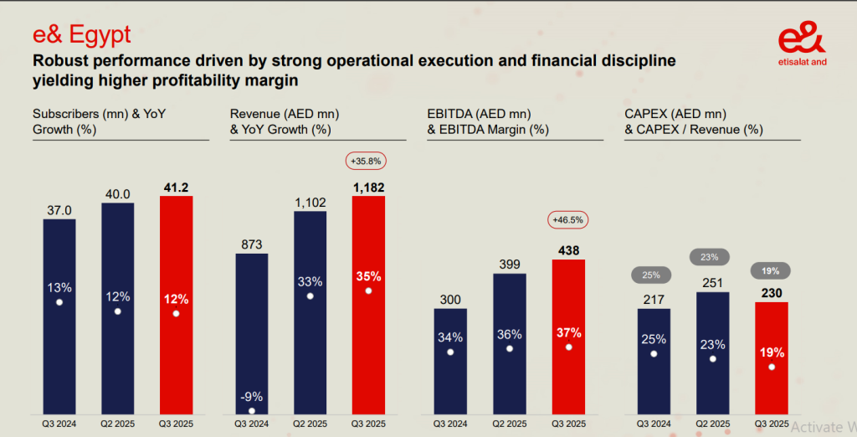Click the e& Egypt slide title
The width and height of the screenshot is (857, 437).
tap(82, 35)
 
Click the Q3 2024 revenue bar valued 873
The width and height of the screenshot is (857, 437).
tap(252, 335)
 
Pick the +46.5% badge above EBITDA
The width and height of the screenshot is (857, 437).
tap(568, 220)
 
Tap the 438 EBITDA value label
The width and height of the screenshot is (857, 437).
tap(568, 249)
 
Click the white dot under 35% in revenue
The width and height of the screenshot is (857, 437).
tap(368, 290)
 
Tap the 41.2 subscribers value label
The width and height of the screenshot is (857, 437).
tap(176, 186)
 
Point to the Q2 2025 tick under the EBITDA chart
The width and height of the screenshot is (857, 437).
tap(510, 424)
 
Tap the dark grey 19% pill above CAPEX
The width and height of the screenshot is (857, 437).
tap(771, 270)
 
